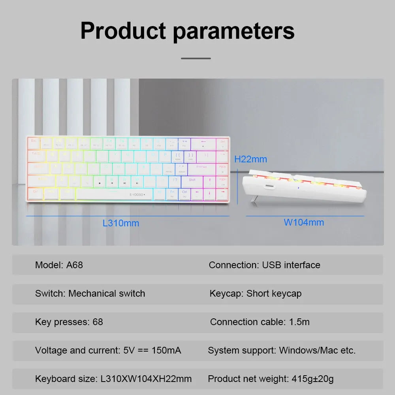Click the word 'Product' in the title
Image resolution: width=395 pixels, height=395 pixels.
(x=123, y=31)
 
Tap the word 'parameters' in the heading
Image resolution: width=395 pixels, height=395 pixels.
(x=234, y=32)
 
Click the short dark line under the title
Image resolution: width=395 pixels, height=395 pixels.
(x=196, y=58)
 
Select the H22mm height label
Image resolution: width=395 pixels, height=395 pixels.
(x=250, y=159)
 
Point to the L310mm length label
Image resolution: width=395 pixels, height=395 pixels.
(x=121, y=223)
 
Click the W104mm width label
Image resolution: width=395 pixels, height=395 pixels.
(x=304, y=222)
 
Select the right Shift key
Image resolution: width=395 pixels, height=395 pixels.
(x=192, y=181)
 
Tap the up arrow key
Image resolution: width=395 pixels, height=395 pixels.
(x=210, y=182)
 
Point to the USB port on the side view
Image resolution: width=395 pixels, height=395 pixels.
(x=270, y=186)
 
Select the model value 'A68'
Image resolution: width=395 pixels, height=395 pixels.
(x=75, y=265)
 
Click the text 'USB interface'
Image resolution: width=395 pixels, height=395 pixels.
(x=291, y=265)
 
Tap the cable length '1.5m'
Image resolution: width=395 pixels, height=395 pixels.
(x=299, y=322)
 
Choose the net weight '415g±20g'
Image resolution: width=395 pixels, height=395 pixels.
(x=312, y=379)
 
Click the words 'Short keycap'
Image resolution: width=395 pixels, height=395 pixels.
(x=274, y=293)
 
